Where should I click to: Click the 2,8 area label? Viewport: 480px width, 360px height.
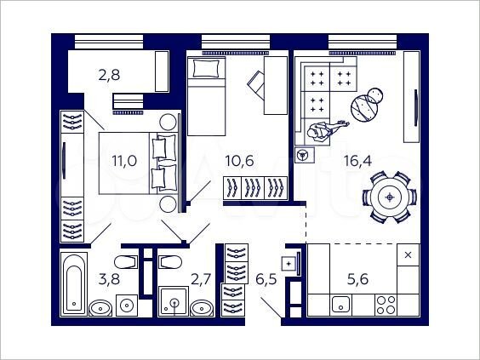pos(108,75)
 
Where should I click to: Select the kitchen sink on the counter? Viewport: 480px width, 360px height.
pos(341,303)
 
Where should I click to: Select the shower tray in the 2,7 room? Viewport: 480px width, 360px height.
pos(175,302)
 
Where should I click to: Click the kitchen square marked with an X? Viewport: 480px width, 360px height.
pos(408,254)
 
